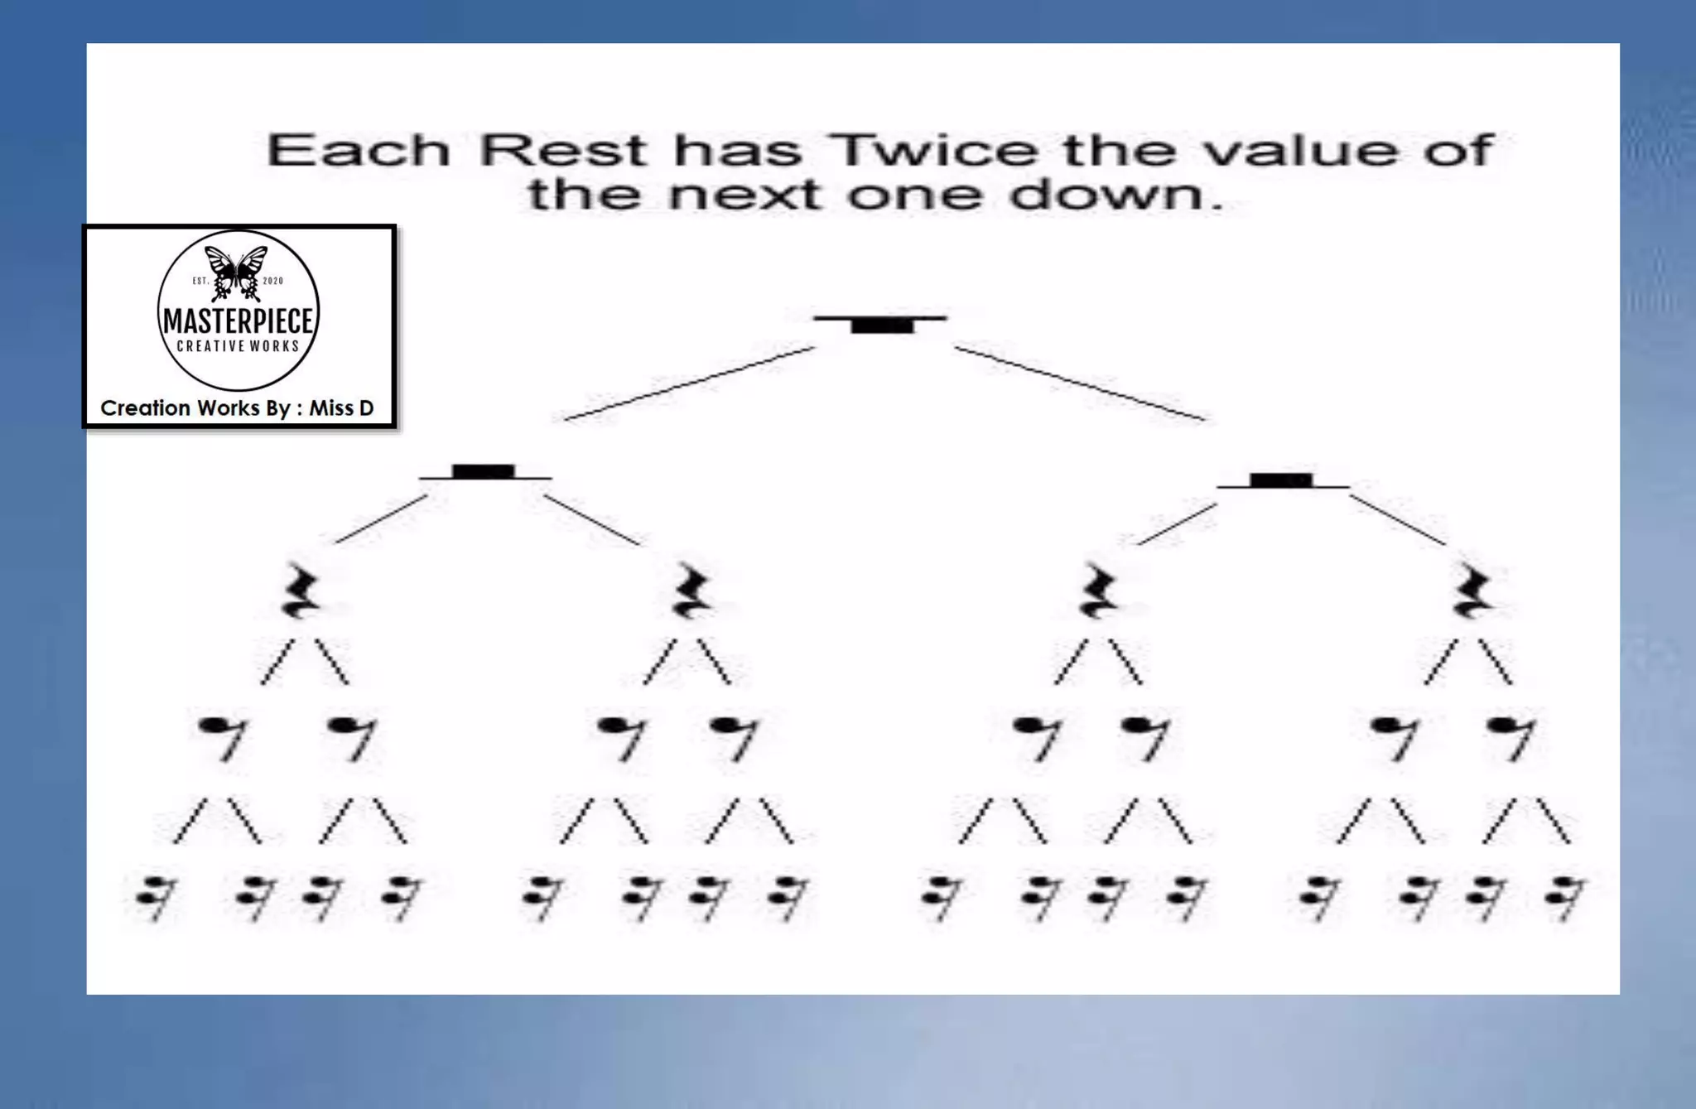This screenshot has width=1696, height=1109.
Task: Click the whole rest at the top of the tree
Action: (882, 325)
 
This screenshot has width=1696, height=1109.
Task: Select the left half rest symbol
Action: (484, 472)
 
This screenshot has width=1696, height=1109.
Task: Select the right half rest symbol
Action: (1281, 480)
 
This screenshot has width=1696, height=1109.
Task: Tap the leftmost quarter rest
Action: (301, 591)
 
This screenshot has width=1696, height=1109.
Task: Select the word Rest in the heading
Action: (563, 151)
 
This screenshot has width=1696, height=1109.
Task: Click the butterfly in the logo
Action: (237, 272)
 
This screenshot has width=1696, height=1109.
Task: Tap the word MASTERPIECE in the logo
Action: (238, 321)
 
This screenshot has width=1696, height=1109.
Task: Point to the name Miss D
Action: (341, 408)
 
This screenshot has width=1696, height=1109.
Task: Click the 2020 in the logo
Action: (272, 281)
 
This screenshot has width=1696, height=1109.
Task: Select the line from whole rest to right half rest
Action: (1081, 383)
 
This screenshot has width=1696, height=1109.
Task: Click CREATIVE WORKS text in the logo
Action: (238, 346)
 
